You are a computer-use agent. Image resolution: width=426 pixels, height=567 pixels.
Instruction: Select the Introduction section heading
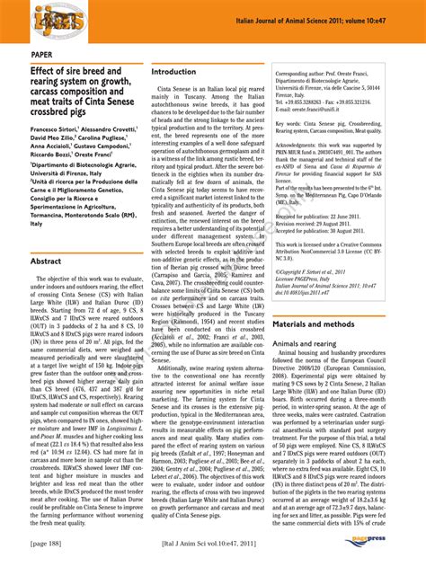coord(173,72)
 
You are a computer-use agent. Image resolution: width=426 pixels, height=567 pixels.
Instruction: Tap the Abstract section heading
coord(46,261)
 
